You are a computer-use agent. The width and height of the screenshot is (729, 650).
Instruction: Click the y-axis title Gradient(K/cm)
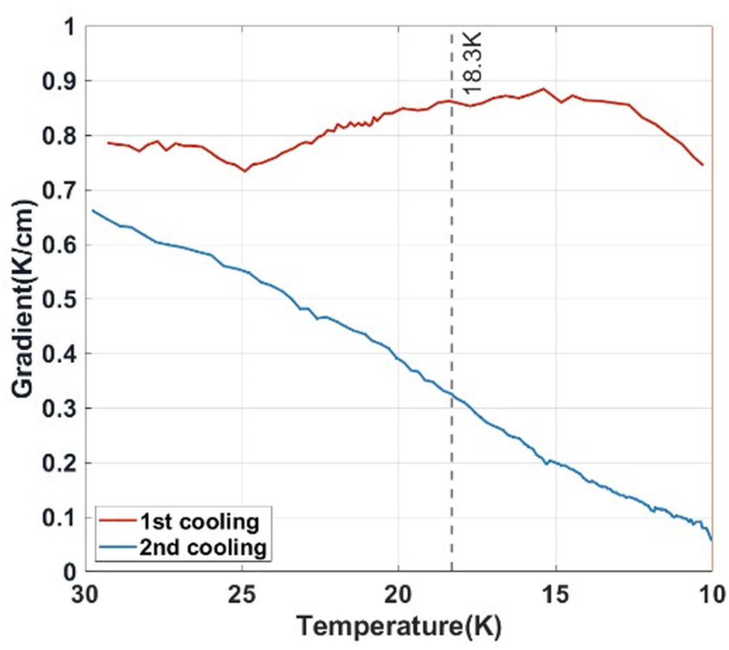coord(23,298)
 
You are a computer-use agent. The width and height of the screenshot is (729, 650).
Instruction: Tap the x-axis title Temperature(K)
coord(399,626)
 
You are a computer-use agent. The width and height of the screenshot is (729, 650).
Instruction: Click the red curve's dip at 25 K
coord(245,171)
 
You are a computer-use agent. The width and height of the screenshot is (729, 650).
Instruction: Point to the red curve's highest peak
coord(543,89)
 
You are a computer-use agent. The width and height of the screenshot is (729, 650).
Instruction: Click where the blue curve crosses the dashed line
coord(452,394)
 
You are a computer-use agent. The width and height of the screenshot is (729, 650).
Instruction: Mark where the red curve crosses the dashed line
coord(452,101)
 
